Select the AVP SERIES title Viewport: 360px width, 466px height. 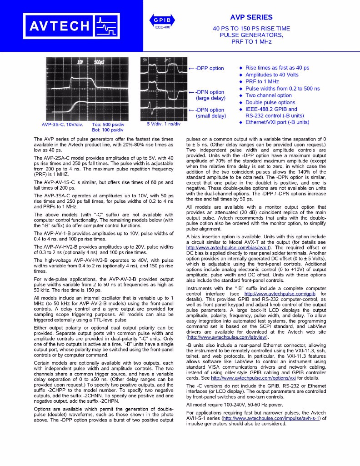click(x=251, y=18)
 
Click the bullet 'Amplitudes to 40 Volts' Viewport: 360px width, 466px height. click(x=271, y=75)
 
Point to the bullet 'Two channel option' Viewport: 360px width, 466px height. click(x=268, y=95)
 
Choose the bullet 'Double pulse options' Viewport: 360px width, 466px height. click(x=270, y=102)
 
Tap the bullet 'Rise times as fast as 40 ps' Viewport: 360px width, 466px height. click(x=277, y=68)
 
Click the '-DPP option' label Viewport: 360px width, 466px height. click(x=210, y=68)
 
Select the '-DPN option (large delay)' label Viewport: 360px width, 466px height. click(x=210, y=95)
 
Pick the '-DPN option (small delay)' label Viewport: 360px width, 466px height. click(x=210, y=113)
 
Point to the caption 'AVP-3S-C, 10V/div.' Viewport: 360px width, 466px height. click(x=59, y=124)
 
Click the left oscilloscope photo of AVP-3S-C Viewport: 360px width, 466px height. click(x=86, y=89)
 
